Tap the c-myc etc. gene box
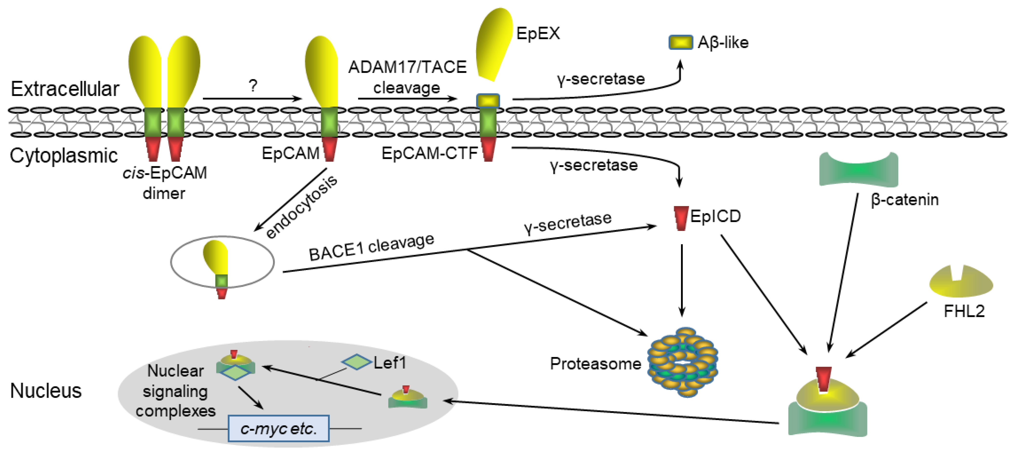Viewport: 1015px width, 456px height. click(279, 428)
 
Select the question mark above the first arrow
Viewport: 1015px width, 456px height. click(253, 85)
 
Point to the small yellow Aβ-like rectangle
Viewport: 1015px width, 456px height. click(681, 42)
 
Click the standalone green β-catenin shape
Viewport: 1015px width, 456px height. click(858, 170)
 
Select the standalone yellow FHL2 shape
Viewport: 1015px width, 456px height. click(961, 282)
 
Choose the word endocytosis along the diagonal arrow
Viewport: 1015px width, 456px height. click(301, 207)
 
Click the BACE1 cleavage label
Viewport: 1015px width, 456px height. click(371, 247)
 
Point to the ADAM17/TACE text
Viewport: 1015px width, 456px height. click(407, 67)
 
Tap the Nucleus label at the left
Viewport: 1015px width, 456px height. click(46, 390)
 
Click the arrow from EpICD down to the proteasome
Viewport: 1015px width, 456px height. click(682, 280)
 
